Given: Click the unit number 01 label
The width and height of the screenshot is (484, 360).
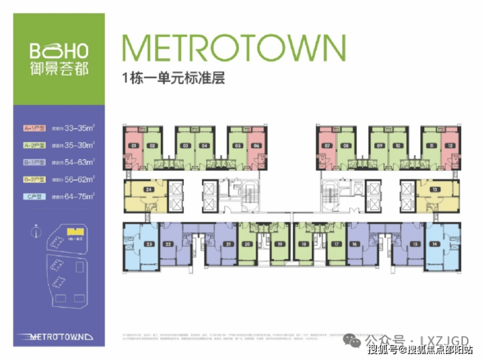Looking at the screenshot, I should click(x=133, y=146).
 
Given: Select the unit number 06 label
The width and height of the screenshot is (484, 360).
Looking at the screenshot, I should click(x=256, y=146).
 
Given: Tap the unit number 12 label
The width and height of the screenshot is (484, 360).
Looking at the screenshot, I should click(x=449, y=146).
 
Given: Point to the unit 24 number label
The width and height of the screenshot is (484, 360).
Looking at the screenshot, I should click(x=149, y=189).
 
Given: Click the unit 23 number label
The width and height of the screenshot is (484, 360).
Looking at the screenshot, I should click(x=149, y=244).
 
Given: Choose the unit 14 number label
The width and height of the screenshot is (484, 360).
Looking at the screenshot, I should click(x=434, y=244).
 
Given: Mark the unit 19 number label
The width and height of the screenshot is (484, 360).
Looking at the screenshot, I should click(x=279, y=244).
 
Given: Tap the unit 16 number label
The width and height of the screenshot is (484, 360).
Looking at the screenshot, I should click(x=354, y=244).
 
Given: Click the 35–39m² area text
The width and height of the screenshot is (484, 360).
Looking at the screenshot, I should click(x=80, y=145).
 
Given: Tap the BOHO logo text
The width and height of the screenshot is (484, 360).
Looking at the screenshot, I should click(x=59, y=51).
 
